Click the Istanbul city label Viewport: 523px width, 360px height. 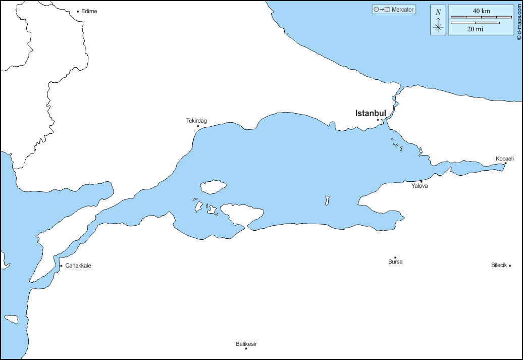(x=371, y=113)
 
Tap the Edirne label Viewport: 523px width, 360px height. (x=89, y=11)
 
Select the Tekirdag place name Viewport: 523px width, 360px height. (x=196, y=121)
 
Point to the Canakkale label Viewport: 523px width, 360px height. (x=78, y=266)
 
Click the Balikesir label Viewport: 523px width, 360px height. (x=246, y=344)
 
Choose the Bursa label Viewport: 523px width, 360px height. (x=395, y=262)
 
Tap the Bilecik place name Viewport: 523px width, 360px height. (x=499, y=265)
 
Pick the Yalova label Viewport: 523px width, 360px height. (x=420, y=186)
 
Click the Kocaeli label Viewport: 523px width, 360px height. (x=504, y=159)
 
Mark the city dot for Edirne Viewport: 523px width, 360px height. (x=78, y=11)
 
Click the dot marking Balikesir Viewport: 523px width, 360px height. (x=246, y=348)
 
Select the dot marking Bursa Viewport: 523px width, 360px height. (x=395, y=258)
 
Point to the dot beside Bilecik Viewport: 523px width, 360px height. (x=510, y=266)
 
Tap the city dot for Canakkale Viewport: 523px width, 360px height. (x=61, y=266)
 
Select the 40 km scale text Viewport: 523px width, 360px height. (x=481, y=11)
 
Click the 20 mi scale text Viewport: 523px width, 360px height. (x=475, y=29)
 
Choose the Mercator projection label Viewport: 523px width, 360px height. (x=402, y=10)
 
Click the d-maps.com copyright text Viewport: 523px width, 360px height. (x=518, y=21)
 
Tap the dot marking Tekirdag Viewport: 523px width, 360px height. (x=198, y=126)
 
